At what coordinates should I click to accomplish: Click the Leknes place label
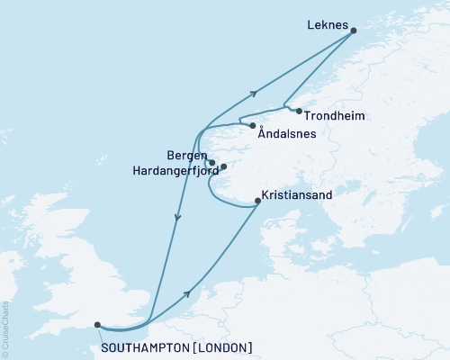(327, 26)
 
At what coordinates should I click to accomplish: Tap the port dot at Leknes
(354, 31)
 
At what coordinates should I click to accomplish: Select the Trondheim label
(334, 115)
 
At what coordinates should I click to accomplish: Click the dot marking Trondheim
(299, 111)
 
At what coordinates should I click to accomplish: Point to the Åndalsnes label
(285, 134)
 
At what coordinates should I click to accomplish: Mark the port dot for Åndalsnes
(253, 125)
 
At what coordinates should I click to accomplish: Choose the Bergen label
(185, 155)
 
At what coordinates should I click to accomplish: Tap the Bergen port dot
(212, 163)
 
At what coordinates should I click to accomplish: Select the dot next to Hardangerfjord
(223, 166)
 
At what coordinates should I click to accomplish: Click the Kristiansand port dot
(258, 202)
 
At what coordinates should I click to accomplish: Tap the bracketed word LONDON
(221, 347)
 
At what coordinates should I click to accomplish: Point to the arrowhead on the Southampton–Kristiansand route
(188, 292)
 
